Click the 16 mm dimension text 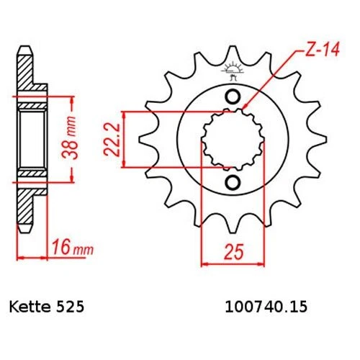tap(67, 250)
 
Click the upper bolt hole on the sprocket tap(232, 97)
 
